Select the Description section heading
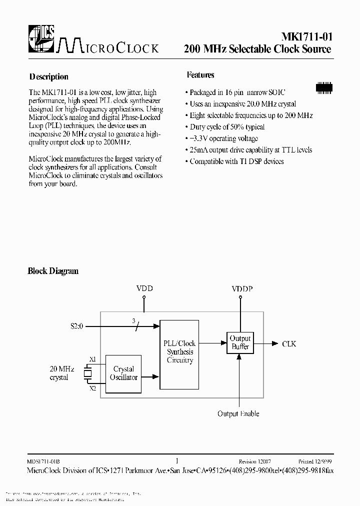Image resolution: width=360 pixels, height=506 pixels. tap(48, 77)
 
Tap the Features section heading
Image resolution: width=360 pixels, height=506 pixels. tap(200, 75)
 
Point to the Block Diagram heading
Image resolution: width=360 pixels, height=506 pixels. tap(52, 271)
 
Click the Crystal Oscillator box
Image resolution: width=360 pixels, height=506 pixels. tap(123, 373)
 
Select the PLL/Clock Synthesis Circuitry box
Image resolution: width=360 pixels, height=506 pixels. tap(179, 352)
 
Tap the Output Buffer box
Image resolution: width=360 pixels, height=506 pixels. tap(240, 343)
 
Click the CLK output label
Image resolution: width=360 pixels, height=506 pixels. tap(289, 343)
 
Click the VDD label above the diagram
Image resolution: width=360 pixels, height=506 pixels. tap(144, 288)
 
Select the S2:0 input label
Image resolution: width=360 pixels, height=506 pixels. tap(77, 326)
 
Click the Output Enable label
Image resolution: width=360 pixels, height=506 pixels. tap(238, 413)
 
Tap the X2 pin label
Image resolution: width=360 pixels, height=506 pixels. tap(92, 388)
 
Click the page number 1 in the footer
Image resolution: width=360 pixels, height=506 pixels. tap(177, 461)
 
